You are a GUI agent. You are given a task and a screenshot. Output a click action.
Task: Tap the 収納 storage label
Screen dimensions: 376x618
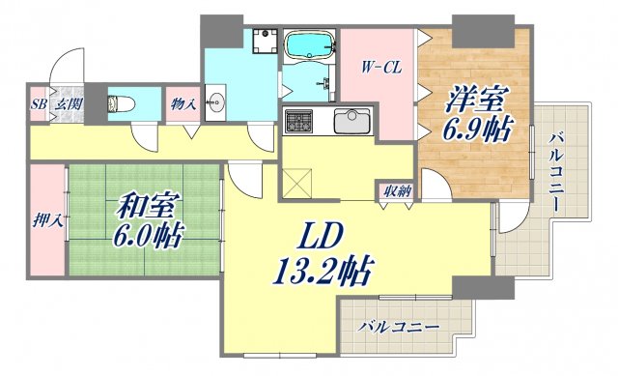point(396,191)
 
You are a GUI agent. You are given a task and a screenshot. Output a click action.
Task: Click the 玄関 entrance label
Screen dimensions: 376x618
point(66,103)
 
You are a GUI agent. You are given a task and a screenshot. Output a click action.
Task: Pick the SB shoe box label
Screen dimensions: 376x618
point(38,103)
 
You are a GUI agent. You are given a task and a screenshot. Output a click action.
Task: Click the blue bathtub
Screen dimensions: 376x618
point(309,45)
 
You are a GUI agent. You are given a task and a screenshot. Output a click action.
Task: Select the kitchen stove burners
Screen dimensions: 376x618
point(298,122)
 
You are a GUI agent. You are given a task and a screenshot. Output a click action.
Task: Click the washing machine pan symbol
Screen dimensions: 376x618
point(261,43)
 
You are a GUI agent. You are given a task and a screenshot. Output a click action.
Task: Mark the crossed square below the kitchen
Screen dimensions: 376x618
point(298,180)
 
